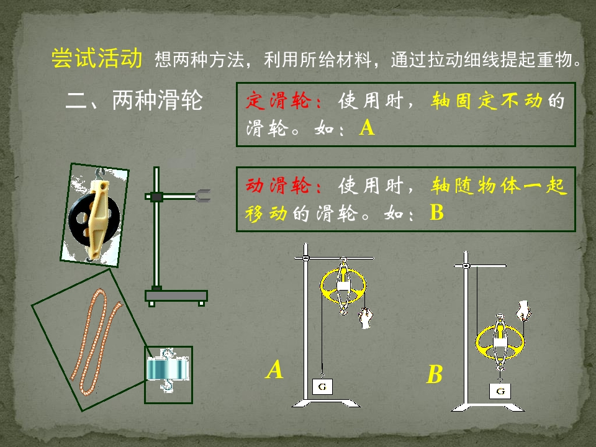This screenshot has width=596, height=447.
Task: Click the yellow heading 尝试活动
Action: tap(97, 58)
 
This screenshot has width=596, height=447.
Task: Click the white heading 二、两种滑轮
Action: tap(134, 101)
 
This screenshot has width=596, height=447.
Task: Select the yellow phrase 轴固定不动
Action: tap(486, 101)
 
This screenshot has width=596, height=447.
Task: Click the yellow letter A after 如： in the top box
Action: tap(367, 128)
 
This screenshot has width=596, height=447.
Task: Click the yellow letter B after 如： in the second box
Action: tap(436, 212)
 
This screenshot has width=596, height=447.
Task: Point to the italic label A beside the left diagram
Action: tap(274, 369)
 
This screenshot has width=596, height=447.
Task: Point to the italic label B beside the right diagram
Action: tap(435, 374)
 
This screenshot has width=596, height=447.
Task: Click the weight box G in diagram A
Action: tap(322, 387)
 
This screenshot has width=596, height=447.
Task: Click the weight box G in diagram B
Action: tap(500, 391)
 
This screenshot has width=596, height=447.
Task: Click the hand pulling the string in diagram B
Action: tap(523, 310)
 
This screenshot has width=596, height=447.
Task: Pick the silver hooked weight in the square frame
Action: tap(168, 369)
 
